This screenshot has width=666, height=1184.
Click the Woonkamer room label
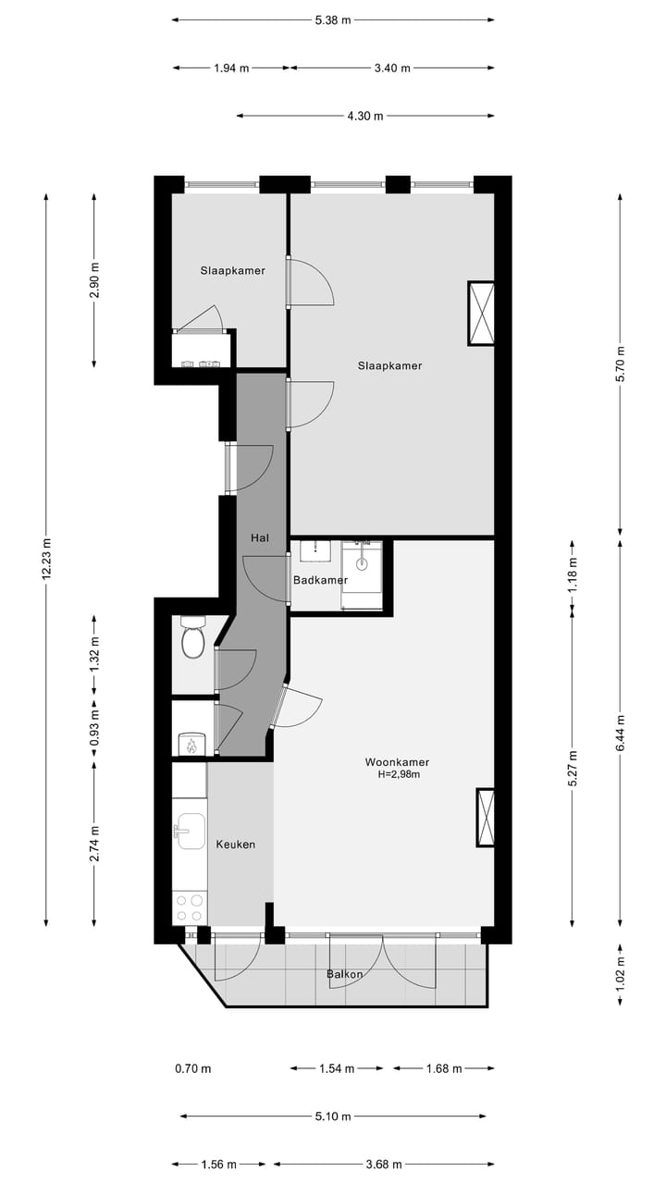click(396, 762)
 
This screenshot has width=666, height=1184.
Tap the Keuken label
click(235, 845)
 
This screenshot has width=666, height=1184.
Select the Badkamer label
click(320, 580)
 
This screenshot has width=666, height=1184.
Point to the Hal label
click(260, 537)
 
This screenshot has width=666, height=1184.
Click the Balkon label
click(344, 974)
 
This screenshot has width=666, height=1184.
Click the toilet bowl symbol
click(192, 640)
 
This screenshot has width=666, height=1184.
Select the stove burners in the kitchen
click(190, 906)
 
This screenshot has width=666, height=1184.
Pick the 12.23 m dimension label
click(46, 560)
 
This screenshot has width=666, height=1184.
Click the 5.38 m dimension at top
click(333, 18)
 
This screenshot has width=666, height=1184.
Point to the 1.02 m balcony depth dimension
click(621, 972)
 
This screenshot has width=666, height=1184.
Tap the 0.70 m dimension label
click(192, 1068)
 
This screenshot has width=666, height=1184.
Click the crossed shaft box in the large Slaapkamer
click(481, 314)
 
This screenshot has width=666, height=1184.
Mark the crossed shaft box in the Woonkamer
click(486, 817)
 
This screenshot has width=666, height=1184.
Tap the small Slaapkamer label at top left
click(233, 271)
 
